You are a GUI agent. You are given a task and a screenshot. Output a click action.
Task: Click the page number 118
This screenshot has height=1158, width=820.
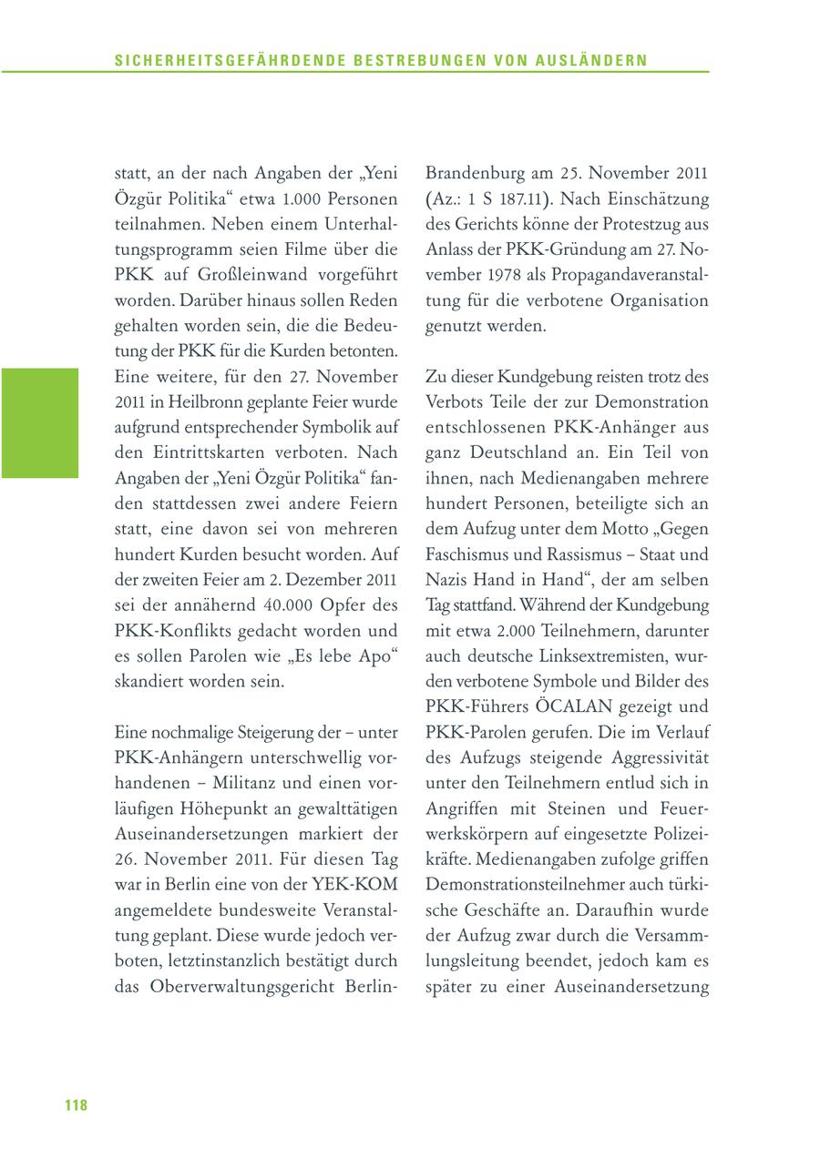[x=76, y=1105]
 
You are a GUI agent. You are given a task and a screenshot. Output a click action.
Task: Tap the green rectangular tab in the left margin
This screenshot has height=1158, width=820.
[x=39, y=422]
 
